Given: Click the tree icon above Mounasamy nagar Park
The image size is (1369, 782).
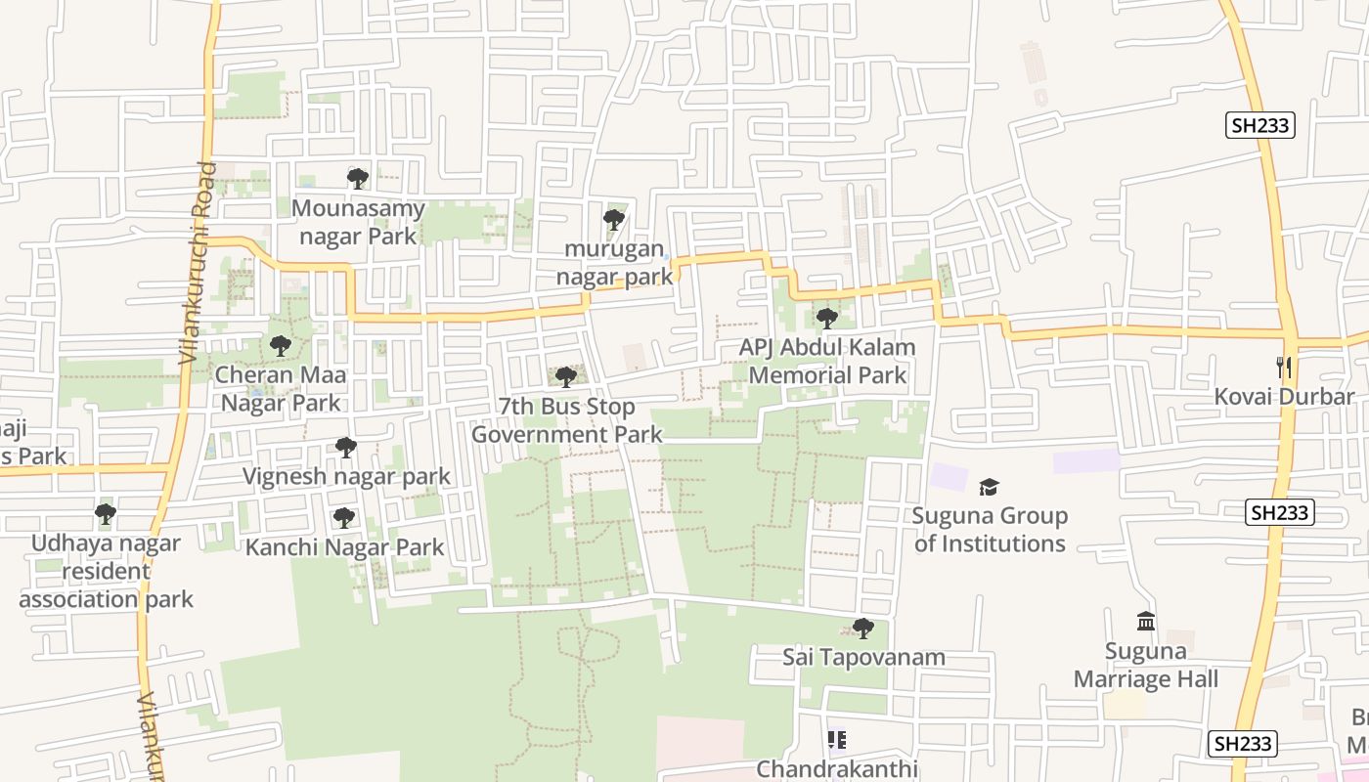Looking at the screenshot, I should [x=358, y=178].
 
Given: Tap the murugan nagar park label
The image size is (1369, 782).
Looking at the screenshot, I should [x=615, y=263].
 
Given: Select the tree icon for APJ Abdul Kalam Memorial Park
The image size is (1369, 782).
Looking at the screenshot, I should [x=827, y=318].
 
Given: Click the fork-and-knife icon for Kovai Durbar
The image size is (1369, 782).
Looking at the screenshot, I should [x=1285, y=368].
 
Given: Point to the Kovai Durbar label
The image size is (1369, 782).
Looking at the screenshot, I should [x=1284, y=397].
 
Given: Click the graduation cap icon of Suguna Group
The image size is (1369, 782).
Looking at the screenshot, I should [x=989, y=487].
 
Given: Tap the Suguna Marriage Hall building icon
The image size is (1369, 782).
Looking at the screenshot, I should [x=1146, y=621].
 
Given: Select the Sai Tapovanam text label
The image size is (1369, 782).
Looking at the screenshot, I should [x=863, y=657].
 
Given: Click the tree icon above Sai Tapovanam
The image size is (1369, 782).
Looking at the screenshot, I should [x=862, y=628].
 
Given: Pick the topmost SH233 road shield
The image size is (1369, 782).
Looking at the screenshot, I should [x=1259, y=125].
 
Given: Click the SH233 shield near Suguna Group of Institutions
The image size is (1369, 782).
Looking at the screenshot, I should [x=1280, y=512].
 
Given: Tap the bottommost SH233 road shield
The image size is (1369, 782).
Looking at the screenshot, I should [x=1242, y=743].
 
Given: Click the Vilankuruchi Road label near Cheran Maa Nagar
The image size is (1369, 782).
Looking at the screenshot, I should [x=196, y=264].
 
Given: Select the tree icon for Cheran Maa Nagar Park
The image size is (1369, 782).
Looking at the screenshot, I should [x=281, y=345].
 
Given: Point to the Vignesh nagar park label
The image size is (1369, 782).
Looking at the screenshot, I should [x=346, y=476].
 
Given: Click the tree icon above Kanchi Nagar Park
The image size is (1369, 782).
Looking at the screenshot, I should [x=343, y=517].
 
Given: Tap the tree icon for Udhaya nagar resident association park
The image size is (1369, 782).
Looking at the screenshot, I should [x=106, y=513].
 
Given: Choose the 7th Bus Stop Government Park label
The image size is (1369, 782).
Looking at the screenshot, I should [x=567, y=420].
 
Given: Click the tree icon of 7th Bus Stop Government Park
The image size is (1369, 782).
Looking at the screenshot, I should [x=565, y=376].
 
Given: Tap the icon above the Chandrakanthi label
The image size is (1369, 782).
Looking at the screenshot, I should [x=836, y=740].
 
